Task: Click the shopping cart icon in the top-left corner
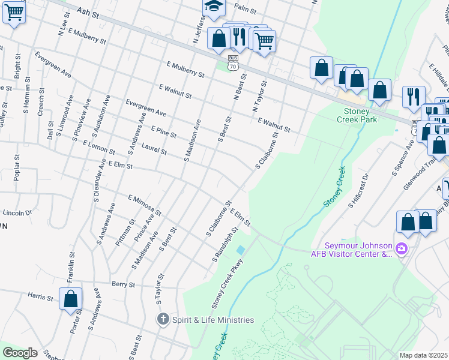coord(14,11)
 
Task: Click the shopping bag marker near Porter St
coord(70,298)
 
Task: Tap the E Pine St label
coord(163,132)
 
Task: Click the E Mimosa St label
coord(145,205)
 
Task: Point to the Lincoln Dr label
coord(17,212)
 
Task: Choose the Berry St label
coord(122,283)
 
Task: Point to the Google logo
coord(20,353)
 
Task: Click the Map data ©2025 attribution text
coord(423,355)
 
